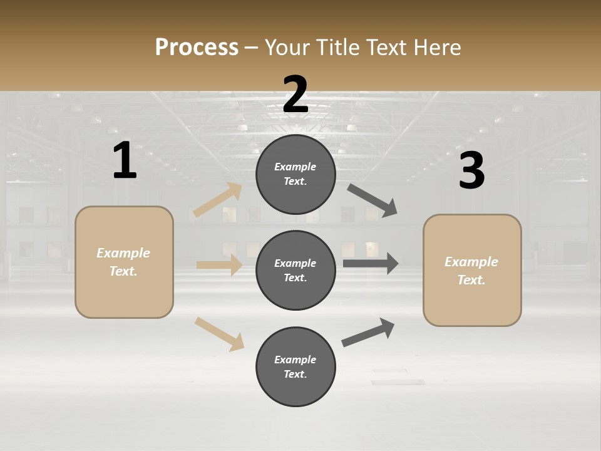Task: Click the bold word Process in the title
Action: tap(197, 48)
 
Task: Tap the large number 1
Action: tap(125, 161)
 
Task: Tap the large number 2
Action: tap(295, 95)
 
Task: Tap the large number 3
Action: tap(471, 171)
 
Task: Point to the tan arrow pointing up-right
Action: tap(218, 200)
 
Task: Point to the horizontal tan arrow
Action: tap(219, 265)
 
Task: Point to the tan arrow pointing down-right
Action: tap(219, 334)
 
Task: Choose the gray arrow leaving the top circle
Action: tap(372, 200)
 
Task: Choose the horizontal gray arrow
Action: tap(371, 263)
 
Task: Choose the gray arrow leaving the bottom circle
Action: tap(368, 333)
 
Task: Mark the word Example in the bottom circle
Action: tap(295, 360)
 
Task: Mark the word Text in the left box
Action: tap(123, 271)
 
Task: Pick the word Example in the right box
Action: tap(471, 262)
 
